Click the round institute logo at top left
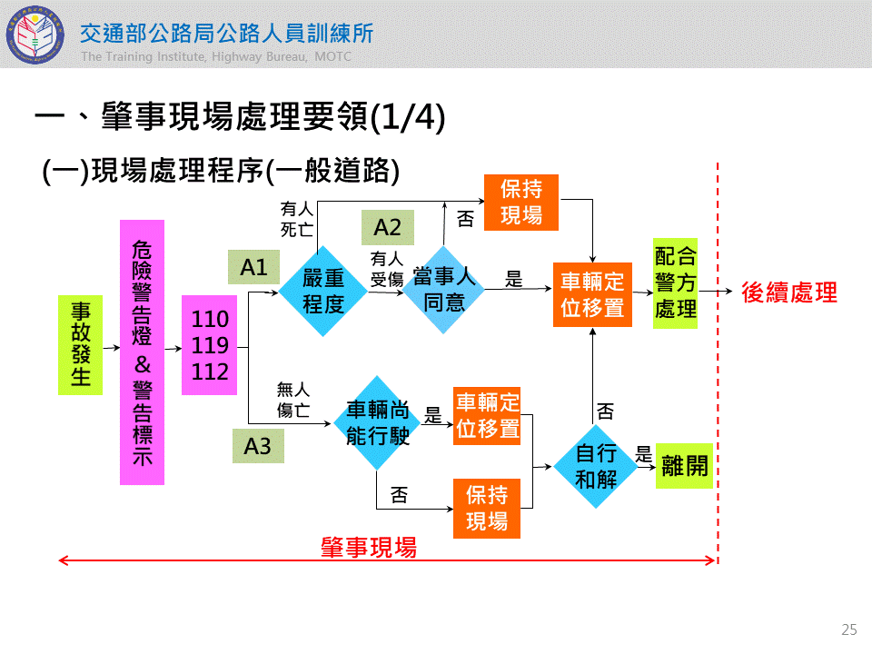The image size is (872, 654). pos(37,35)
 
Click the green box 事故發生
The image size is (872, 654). pos(80,344)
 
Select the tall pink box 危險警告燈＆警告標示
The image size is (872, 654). pos(142,352)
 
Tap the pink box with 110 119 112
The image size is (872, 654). pos(209,345)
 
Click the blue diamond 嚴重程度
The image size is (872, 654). pos(322,291)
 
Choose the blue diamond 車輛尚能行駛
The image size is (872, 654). pos(377,423)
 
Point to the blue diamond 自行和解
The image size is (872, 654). pos(596,467)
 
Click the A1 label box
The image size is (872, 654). pos(253,268)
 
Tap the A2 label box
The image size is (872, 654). pos(387,227)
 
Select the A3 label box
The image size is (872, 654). pos(258,446)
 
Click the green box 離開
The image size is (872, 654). pos(684,467)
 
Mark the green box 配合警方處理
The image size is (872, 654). pos(675,283)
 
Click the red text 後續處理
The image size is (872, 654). pos(788,292)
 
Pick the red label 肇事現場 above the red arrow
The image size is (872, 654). pos(368,547)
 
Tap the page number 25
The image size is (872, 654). pos(848,629)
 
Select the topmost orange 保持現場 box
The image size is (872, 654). pos(520,202)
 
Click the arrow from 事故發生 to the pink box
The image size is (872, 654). pos(111,347)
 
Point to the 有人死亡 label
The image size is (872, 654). pos(297,220)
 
